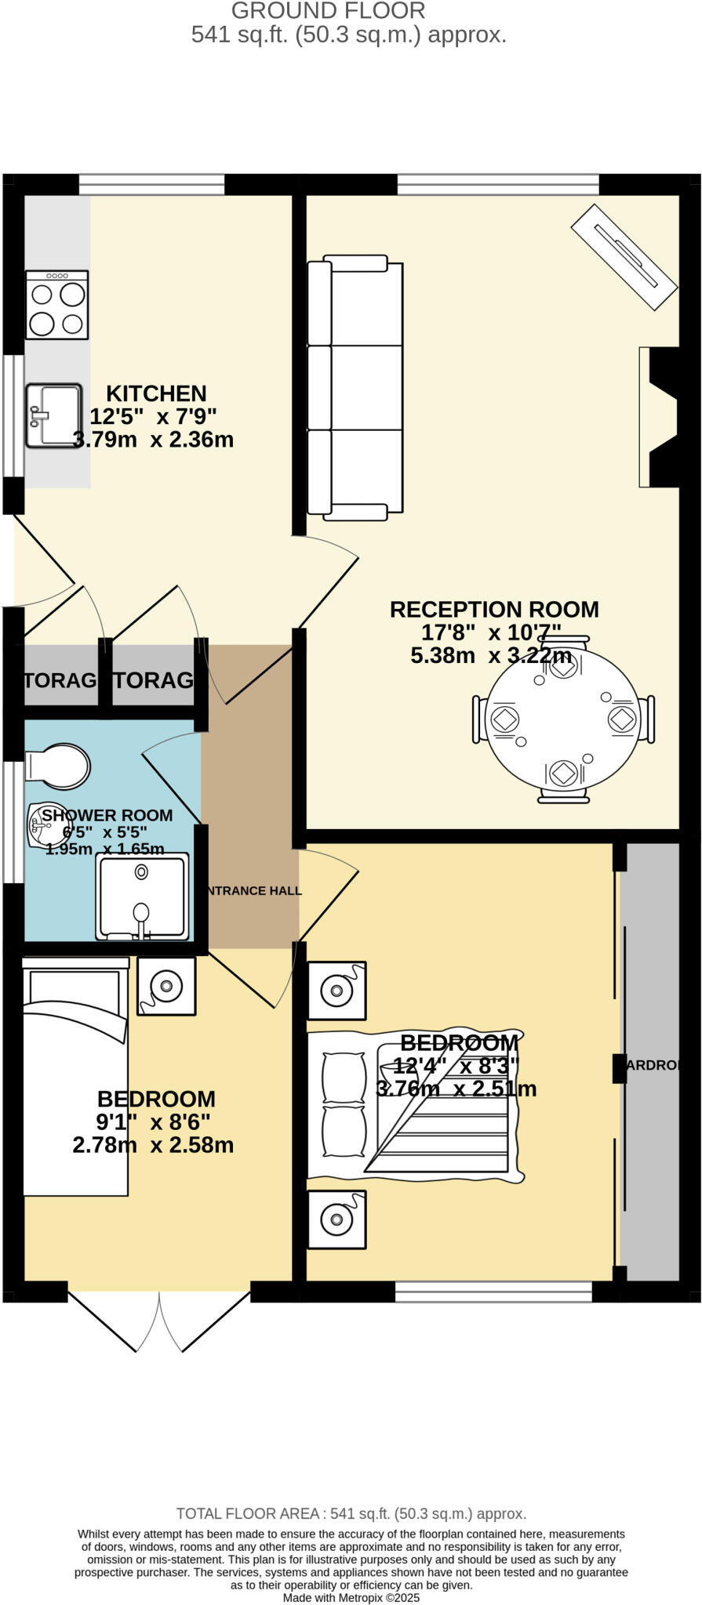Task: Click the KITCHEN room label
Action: pyautogui.click(x=156, y=393)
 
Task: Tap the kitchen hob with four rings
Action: pyautogui.click(x=56, y=305)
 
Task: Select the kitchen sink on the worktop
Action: pyautogui.click(x=53, y=415)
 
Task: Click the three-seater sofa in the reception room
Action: pyautogui.click(x=355, y=387)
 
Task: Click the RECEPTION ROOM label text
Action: pyautogui.click(x=494, y=610)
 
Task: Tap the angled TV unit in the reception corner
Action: pyautogui.click(x=624, y=257)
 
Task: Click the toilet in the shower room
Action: pyautogui.click(x=56, y=766)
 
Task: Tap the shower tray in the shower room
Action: pyautogui.click(x=142, y=897)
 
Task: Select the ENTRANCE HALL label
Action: pyautogui.click(x=253, y=891)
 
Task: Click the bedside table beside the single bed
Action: pyautogui.click(x=166, y=986)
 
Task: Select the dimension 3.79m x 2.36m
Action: pyautogui.click(x=153, y=440)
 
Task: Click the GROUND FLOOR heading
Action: pyautogui.click(x=328, y=11)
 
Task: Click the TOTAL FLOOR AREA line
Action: pyautogui.click(x=351, y=1514)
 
